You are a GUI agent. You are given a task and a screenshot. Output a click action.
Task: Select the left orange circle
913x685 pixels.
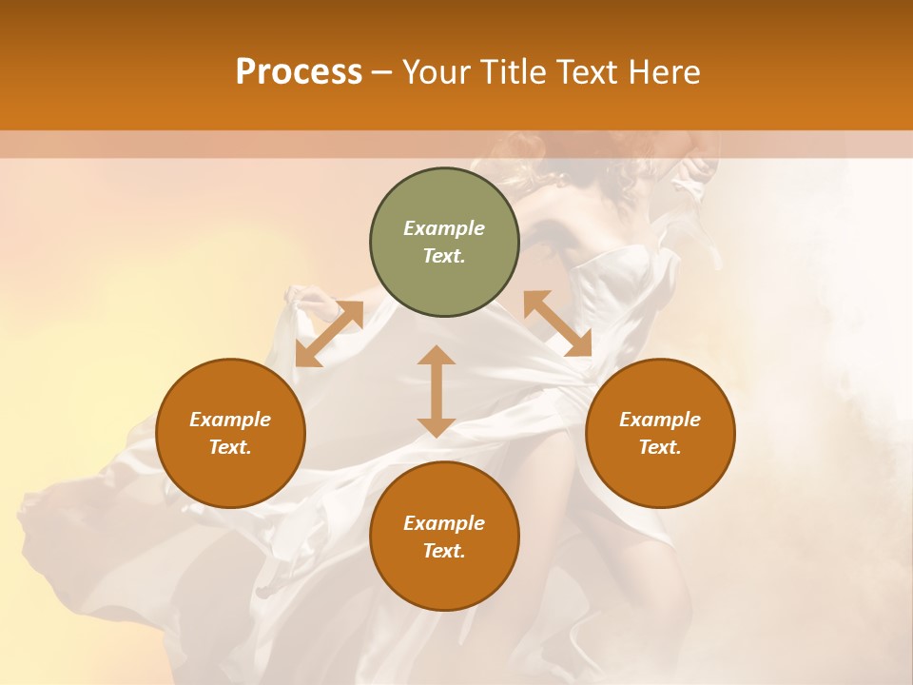point(230,433)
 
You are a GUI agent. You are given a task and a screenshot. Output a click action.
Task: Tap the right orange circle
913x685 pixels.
point(660,433)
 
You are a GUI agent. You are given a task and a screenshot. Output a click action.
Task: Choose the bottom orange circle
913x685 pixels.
point(444,537)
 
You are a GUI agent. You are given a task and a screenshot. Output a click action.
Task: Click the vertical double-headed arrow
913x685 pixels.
point(437,391)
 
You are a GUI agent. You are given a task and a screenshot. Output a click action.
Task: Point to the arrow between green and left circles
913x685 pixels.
point(329,334)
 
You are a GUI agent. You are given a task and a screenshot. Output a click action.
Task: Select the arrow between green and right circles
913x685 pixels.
point(557,324)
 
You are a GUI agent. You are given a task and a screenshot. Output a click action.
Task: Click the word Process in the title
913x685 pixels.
point(299,72)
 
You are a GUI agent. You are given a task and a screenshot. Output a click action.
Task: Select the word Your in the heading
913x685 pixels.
point(437,72)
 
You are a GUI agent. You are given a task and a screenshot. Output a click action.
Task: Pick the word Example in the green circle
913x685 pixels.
point(444,228)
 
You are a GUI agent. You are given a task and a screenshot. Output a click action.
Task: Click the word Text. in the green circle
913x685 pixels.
point(444,256)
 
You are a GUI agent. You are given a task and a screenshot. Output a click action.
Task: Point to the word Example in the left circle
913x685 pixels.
point(230,420)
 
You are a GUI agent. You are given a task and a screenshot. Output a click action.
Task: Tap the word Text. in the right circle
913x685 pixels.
point(660,447)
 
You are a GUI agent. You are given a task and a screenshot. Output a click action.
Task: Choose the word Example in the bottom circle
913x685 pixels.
point(444,523)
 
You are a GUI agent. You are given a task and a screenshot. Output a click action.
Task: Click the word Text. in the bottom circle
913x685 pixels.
point(444,551)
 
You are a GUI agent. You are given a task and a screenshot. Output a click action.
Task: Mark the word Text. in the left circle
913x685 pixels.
point(230,447)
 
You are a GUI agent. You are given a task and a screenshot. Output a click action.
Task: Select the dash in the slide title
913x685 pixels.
point(382,72)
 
